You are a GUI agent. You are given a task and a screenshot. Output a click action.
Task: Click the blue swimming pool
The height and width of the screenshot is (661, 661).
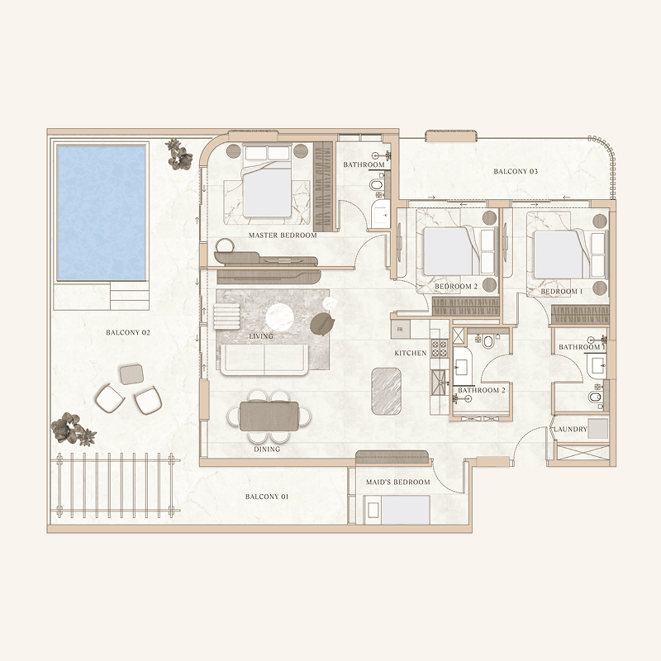(x=101, y=212)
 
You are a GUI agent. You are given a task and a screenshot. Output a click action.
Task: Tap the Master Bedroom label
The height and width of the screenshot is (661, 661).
(x=283, y=235)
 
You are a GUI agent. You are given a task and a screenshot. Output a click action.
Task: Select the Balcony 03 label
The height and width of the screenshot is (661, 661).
(x=516, y=171)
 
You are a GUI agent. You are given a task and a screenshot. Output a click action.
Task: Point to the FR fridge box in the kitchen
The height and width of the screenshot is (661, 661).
(x=400, y=329)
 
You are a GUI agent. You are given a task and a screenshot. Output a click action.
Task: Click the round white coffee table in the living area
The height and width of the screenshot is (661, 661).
(x=279, y=317)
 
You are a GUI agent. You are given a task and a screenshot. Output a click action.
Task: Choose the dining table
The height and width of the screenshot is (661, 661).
(x=269, y=416)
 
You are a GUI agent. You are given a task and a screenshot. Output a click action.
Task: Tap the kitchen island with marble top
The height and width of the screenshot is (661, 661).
(x=386, y=391)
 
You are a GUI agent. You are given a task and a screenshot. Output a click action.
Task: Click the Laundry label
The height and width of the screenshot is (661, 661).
(x=570, y=429)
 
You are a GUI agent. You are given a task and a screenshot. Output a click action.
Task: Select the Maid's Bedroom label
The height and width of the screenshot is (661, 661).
(x=397, y=482)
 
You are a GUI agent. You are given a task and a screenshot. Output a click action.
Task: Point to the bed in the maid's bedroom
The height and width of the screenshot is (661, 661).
(x=397, y=510)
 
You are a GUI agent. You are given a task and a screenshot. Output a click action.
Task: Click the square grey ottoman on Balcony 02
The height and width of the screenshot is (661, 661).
(x=131, y=374)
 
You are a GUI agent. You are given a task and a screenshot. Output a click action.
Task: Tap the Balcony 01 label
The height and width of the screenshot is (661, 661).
(x=267, y=497)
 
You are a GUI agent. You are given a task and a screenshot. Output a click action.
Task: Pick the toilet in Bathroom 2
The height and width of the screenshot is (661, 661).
(x=488, y=341)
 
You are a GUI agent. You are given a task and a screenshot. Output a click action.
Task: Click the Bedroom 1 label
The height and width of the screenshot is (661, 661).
(x=562, y=292)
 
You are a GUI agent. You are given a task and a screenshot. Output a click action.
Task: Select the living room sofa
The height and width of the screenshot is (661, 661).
(x=264, y=360)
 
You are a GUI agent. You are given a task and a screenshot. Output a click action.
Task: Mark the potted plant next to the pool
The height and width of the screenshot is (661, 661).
(x=179, y=155)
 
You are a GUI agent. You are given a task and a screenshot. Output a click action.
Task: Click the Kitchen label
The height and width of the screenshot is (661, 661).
(x=410, y=353)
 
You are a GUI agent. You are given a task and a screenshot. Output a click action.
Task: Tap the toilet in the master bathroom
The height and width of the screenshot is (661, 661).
(x=375, y=184)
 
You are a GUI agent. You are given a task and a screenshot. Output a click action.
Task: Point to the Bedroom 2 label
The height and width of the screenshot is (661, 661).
(x=456, y=286)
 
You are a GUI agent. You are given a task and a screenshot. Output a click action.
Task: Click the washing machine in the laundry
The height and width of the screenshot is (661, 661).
(x=598, y=429)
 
